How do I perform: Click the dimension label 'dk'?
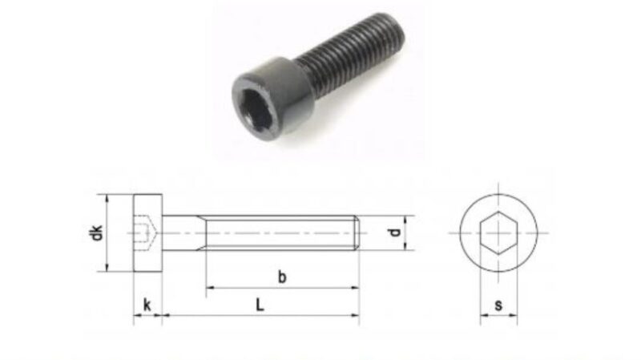96,233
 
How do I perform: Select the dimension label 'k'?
147,305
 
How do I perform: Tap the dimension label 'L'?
259,305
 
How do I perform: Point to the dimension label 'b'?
282,277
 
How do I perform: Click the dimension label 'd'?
393,233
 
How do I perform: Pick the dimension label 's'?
499,305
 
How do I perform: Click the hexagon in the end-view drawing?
499,233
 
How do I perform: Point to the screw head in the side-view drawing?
147,233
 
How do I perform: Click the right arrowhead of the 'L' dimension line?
355,316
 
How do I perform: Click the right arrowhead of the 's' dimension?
514,317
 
